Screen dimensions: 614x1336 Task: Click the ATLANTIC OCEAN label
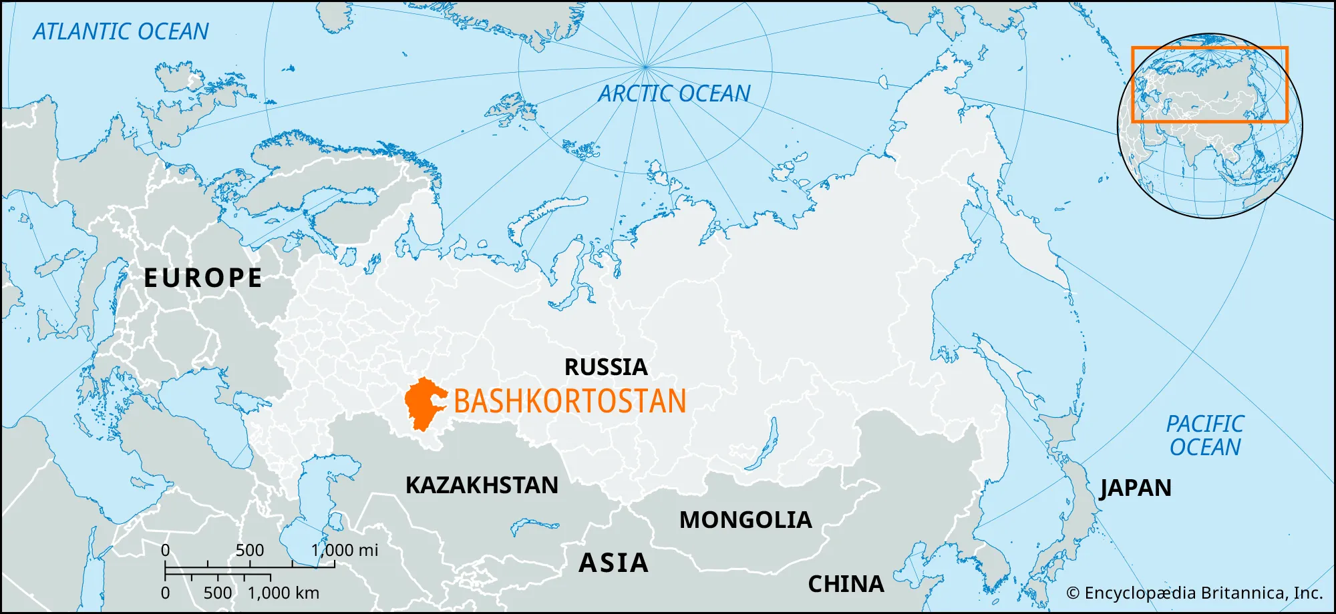pos(121,31)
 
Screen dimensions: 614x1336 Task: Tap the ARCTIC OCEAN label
pos(674,93)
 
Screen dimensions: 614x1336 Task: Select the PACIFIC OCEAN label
pos(1205,435)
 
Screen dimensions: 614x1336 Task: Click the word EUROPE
pos(203,278)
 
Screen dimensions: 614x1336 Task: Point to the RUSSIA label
pos(606,367)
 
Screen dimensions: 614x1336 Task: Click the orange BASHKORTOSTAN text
pos(570,401)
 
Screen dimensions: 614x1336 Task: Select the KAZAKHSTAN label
pos(482,485)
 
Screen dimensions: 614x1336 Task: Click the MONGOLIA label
pos(745,520)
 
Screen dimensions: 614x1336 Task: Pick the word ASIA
pos(613,563)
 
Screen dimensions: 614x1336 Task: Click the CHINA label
pos(846,584)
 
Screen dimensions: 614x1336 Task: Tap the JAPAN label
pos(1136,488)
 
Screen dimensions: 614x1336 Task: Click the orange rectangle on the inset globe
pos(1209,48)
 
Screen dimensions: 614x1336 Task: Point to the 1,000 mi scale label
pos(345,550)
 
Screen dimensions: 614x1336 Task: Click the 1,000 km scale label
pos(283,593)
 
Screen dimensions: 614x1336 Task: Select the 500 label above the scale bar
pos(250,550)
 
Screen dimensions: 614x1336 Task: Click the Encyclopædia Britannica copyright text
pos(1194,593)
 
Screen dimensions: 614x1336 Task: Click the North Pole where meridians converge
pos(645,66)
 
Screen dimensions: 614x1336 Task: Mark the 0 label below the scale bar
pos(165,593)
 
